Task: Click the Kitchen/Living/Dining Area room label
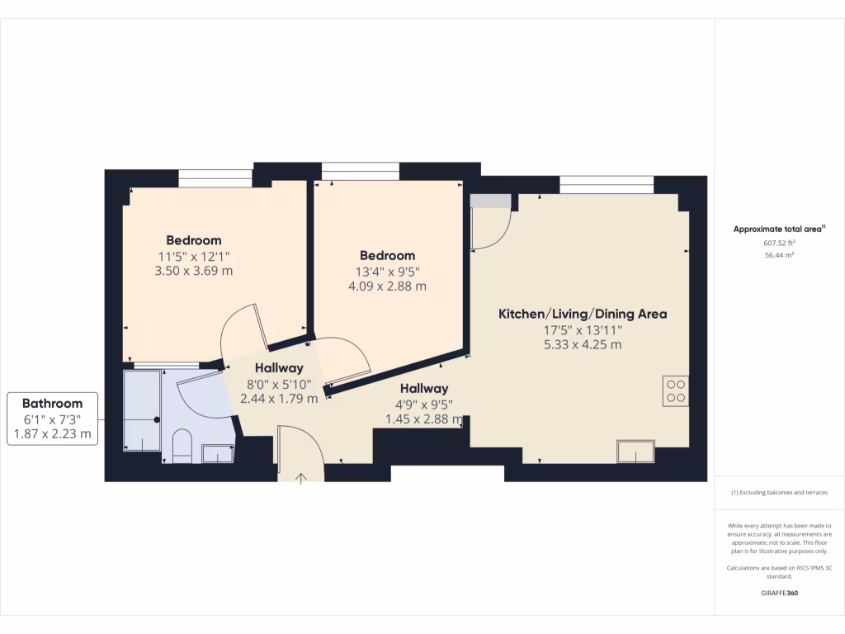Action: pos(582,314)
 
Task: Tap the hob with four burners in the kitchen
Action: pos(675,391)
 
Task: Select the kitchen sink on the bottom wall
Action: pos(635,452)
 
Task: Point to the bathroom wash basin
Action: pos(217,453)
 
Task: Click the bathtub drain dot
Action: pos(156,419)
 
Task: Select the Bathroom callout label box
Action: pos(52,419)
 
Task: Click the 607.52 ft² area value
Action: pos(779,244)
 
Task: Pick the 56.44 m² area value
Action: pos(779,256)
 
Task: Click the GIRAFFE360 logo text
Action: pos(779,593)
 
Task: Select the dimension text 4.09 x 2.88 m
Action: pos(387,286)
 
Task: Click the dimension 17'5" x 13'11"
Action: pos(582,330)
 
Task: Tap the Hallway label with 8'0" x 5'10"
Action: pos(278,368)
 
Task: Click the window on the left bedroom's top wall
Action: pos(215,177)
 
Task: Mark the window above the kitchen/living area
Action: pos(607,183)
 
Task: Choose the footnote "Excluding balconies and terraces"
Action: pos(779,493)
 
